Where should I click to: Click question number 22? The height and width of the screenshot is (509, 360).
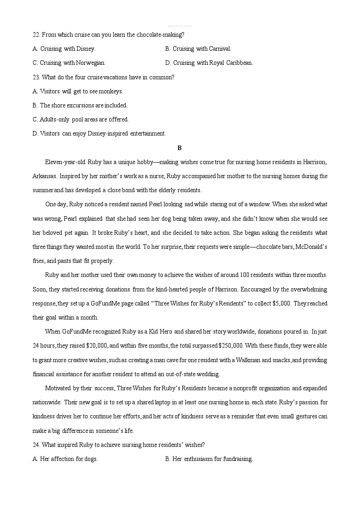pyautogui.click(x=36, y=34)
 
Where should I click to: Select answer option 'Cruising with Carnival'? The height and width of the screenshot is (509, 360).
pyautogui.click(x=202, y=48)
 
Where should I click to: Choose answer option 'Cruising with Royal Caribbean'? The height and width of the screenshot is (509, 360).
pyautogui.click(x=213, y=63)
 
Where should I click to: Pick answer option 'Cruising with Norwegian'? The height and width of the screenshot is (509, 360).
pyautogui.click(x=73, y=63)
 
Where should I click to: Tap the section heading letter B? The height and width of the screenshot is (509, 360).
pyautogui.click(x=180, y=148)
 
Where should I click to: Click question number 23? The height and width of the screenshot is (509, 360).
pyautogui.click(x=36, y=77)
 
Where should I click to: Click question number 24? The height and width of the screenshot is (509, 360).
pyautogui.click(x=36, y=445)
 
